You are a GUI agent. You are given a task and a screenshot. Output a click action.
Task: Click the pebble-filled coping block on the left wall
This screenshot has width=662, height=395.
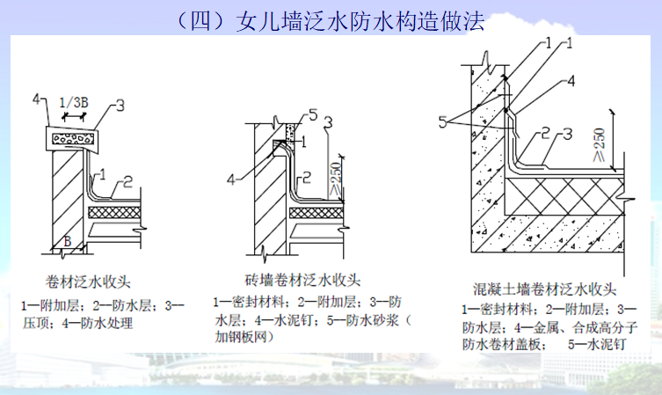click(71, 137)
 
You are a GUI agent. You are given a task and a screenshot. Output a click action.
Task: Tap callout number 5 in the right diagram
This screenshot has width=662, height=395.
click(447, 120)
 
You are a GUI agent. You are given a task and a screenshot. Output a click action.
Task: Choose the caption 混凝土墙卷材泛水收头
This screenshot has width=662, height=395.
click(542, 289)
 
